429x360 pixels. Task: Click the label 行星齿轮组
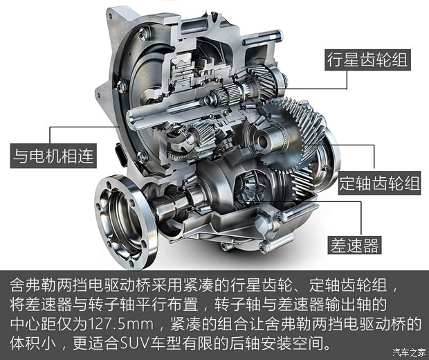click(367, 60)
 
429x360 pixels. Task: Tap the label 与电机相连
click(53, 156)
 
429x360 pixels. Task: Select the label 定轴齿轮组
click(379, 183)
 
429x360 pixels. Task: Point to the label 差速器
click(354, 245)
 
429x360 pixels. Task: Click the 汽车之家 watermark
click(410, 352)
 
